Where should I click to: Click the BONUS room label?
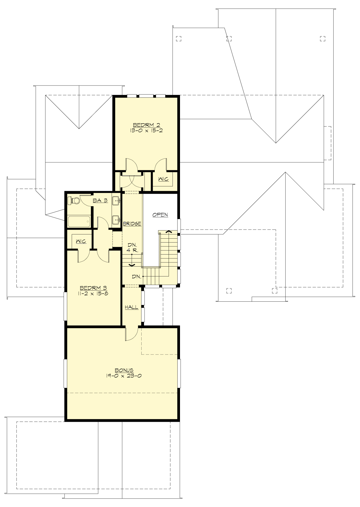[124, 370]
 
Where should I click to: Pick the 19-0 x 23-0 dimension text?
[124, 376]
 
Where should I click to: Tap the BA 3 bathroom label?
[100, 201]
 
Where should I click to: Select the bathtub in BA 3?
[79, 222]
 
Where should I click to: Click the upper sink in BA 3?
[116, 200]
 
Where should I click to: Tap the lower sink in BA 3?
[116, 220]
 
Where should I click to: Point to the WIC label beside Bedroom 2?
[163, 179]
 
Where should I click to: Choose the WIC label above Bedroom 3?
[81, 241]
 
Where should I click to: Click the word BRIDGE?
[132, 224]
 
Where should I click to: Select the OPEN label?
[160, 215]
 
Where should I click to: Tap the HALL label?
[132, 307]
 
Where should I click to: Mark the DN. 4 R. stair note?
[132, 247]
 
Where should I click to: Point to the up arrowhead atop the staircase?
[169, 232]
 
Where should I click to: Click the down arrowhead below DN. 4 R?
[131, 265]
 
